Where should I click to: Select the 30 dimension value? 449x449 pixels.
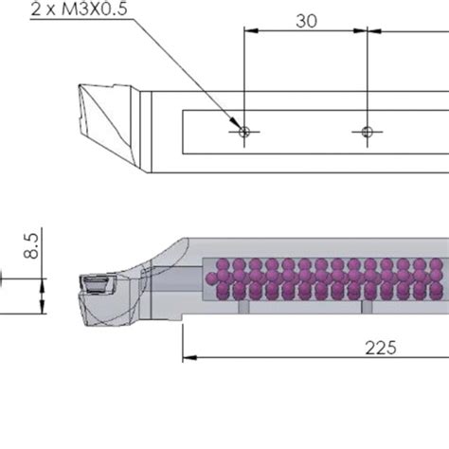306,20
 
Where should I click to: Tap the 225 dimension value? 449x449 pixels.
382,347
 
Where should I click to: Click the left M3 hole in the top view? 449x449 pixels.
243,132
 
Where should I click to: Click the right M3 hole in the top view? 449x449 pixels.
366,132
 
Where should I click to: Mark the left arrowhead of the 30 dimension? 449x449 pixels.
249,32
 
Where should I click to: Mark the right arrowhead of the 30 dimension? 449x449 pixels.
360,32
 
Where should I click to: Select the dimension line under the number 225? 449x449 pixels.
313,359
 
